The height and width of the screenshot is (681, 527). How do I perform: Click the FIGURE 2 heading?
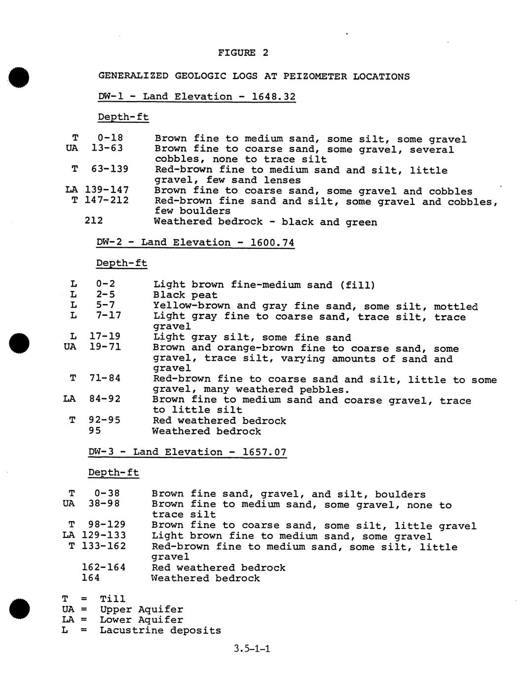(x=243, y=53)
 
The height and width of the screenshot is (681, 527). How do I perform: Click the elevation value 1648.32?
(x=273, y=96)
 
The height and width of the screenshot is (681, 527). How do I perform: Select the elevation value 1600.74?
(x=272, y=242)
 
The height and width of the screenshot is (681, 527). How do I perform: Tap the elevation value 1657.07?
(x=264, y=452)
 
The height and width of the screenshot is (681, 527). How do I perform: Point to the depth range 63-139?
(x=110, y=169)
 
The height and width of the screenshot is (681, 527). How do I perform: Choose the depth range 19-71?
(x=105, y=347)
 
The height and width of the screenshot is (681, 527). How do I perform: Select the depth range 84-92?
(x=105, y=399)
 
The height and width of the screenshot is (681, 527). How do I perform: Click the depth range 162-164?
(x=104, y=567)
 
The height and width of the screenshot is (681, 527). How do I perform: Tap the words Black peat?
(x=185, y=295)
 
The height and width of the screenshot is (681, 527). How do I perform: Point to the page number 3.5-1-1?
(x=252, y=648)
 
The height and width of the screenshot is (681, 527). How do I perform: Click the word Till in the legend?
(x=113, y=599)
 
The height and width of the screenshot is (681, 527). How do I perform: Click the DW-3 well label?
(x=104, y=452)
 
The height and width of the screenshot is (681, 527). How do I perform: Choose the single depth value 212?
(x=94, y=220)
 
